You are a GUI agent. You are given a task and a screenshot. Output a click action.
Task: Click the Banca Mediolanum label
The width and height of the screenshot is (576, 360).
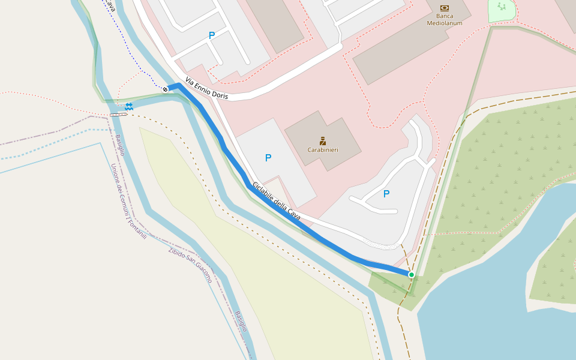(444, 20)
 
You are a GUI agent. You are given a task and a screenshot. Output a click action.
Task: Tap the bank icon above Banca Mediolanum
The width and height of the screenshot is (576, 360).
(444, 8)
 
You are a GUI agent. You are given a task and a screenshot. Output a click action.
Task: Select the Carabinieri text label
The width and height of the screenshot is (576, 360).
(323, 150)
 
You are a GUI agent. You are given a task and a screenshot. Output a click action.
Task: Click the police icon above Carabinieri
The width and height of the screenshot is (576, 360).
(323, 141)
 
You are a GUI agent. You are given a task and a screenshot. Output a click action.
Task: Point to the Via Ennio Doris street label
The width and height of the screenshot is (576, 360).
(206, 88)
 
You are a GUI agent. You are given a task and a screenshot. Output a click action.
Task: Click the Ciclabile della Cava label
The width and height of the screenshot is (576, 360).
(276, 200)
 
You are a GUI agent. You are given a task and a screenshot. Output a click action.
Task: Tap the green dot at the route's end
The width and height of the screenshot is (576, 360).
(412, 275)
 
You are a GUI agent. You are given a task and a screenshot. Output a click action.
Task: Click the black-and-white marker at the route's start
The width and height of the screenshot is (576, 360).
(165, 89)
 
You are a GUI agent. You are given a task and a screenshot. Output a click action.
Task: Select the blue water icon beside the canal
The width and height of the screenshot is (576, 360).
(129, 106)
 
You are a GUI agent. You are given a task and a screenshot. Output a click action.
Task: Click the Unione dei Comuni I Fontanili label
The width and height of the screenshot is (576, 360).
(128, 202)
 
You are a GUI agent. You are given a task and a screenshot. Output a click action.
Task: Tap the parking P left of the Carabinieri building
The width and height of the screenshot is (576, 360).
(268, 158)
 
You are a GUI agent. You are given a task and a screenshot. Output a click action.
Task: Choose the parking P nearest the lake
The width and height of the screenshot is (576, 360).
(386, 194)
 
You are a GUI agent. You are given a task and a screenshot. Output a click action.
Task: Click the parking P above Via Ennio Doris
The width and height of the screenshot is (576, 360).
(212, 36)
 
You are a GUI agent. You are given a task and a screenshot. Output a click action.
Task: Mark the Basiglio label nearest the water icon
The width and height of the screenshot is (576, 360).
(120, 145)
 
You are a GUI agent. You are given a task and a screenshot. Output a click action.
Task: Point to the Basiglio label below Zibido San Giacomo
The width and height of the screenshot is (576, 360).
(241, 322)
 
